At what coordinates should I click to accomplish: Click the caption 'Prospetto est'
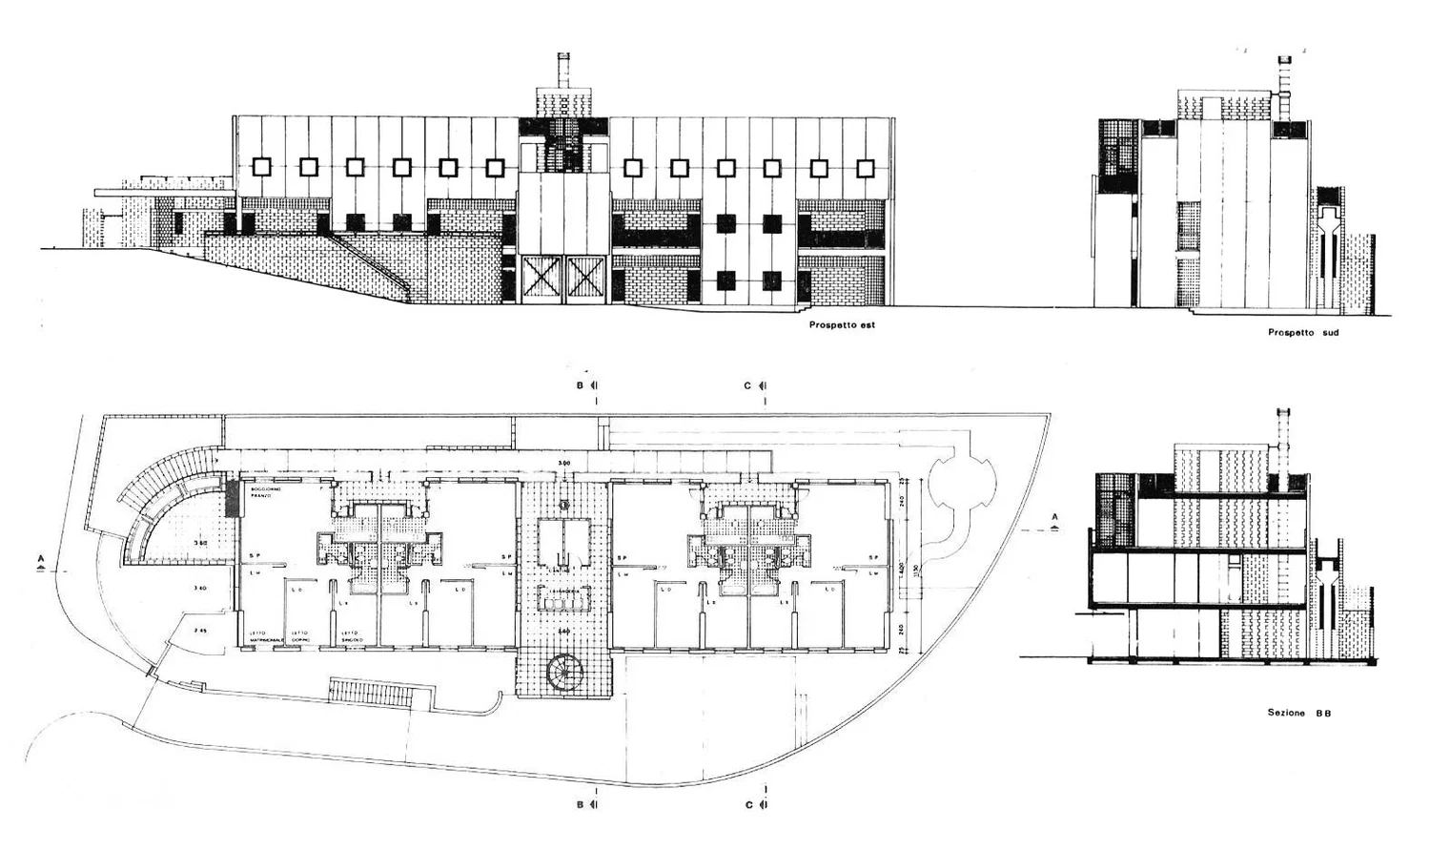point(840,325)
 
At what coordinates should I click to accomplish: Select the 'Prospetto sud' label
point(1303,333)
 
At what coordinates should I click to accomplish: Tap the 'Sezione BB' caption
point(1299,713)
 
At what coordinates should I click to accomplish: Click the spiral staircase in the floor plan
point(567,675)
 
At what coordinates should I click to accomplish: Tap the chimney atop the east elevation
point(562,73)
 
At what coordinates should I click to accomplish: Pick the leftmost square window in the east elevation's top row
point(262,167)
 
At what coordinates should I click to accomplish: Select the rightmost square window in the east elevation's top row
point(865,169)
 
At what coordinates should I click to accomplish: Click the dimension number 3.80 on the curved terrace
point(201,543)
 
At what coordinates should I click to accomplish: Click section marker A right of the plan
point(1054,519)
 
